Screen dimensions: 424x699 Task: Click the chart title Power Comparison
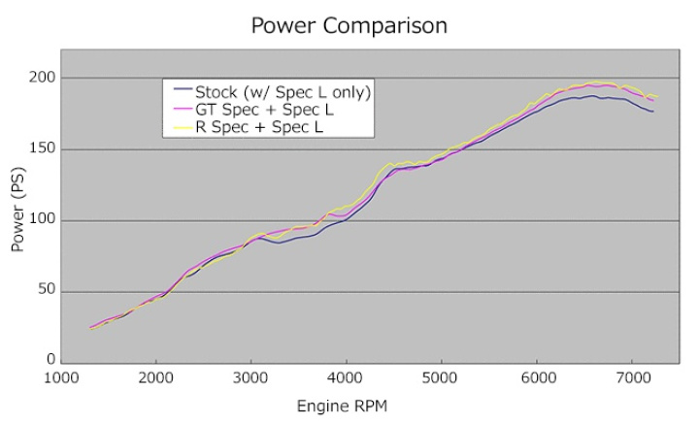pyautogui.click(x=349, y=25)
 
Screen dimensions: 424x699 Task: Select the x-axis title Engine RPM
pyautogui.click(x=349, y=402)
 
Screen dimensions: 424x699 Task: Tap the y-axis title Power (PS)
pyautogui.click(x=18, y=220)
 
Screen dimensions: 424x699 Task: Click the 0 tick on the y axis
pyautogui.click(x=50, y=360)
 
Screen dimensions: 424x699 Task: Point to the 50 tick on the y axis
pyautogui.click(x=47, y=291)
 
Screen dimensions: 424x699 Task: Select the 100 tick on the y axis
pyautogui.click(x=43, y=220)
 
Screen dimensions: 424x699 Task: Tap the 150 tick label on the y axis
pyautogui.click(x=43, y=149)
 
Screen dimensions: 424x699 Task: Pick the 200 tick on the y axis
pyautogui.click(x=43, y=78)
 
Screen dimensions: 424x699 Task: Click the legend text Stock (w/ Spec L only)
pyautogui.click(x=283, y=92)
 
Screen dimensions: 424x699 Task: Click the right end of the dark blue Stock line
pyautogui.click(x=652, y=112)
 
